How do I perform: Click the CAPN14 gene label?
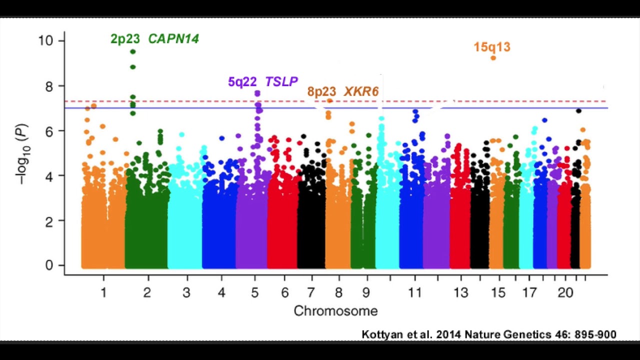pyautogui.click(x=173, y=39)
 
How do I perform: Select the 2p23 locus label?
pyautogui.click(x=125, y=39)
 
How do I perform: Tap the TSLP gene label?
pyautogui.click(x=281, y=81)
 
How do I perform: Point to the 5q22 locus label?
pyautogui.click(x=242, y=81)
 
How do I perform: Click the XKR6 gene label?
pyautogui.click(x=361, y=91)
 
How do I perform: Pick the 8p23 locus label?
pyautogui.click(x=321, y=91)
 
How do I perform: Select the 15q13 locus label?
pyautogui.click(x=492, y=47)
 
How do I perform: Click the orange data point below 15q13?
pyautogui.click(x=493, y=58)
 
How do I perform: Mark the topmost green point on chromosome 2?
pyautogui.click(x=133, y=51)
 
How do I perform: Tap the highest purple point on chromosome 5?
pyautogui.click(x=257, y=93)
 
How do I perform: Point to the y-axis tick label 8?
pyautogui.click(x=48, y=85)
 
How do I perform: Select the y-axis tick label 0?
pyautogui.click(x=48, y=265)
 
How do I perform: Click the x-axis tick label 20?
pyautogui.click(x=565, y=292)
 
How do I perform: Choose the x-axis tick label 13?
pyautogui.click(x=461, y=292)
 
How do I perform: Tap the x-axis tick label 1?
pyautogui.click(x=103, y=292)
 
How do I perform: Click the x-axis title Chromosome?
pyautogui.click(x=335, y=311)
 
